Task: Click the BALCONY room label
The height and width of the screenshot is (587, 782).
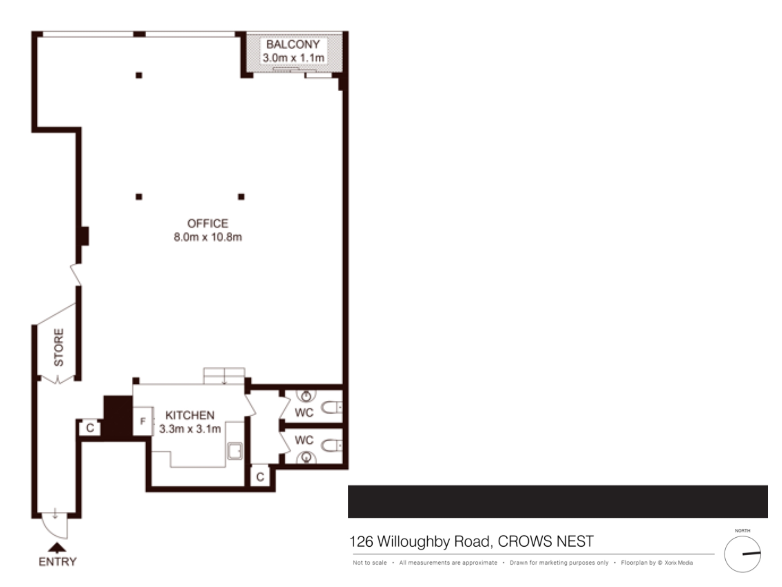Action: pyautogui.click(x=293, y=44)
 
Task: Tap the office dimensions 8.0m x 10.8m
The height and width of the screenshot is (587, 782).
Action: pyautogui.click(x=208, y=237)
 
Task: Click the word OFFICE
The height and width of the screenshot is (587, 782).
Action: pyautogui.click(x=208, y=223)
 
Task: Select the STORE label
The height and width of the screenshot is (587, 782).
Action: pyautogui.click(x=59, y=348)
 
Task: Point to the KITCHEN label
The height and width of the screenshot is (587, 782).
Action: pyautogui.click(x=190, y=415)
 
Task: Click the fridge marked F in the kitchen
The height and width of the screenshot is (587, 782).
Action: pyautogui.click(x=143, y=421)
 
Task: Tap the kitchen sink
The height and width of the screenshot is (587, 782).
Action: pyautogui.click(x=235, y=451)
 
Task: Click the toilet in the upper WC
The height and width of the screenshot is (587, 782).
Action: pyautogui.click(x=332, y=407)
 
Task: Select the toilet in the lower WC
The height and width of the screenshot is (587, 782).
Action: pyautogui.click(x=332, y=445)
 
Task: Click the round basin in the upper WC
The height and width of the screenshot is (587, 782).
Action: pyautogui.click(x=306, y=396)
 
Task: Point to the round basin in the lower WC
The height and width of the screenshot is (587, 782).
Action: pyautogui.click(x=306, y=457)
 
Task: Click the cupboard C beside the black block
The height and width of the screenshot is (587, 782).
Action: pyautogui.click(x=90, y=428)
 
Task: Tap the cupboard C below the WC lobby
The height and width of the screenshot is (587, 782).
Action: pyautogui.click(x=260, y=476)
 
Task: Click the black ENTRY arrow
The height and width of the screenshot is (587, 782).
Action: pyautogui.click(x=57, y=547)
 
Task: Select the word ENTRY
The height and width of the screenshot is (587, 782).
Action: pyautogui.click(x=57, y=562)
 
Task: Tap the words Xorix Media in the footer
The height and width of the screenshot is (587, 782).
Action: pyautogui.click(x=678, y=563)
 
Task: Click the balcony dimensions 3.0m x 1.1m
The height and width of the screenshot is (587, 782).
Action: pyautogui.click(x=294, y=58)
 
